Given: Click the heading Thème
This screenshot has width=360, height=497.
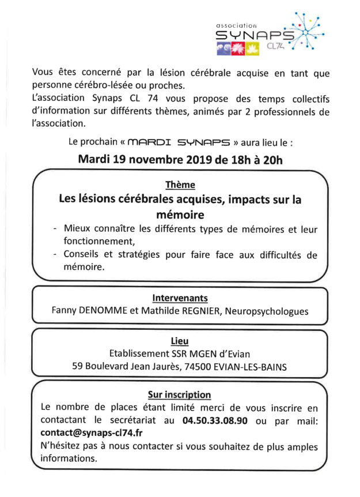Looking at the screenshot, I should tap(180, 185).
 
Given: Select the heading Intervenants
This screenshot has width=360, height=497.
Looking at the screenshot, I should tap(180, 298).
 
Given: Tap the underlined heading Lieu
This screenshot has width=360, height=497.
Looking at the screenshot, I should tap(180, 341).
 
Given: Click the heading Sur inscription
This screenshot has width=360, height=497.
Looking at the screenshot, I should tap(180, 395).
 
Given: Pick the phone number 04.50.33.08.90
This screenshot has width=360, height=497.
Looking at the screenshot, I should tap(215, 421).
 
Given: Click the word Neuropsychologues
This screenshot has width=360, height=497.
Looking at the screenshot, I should tap(271, 311).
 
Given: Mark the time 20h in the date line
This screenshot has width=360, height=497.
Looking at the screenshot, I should tap(270, 159).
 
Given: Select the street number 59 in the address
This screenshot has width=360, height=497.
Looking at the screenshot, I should tap(78, 366).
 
